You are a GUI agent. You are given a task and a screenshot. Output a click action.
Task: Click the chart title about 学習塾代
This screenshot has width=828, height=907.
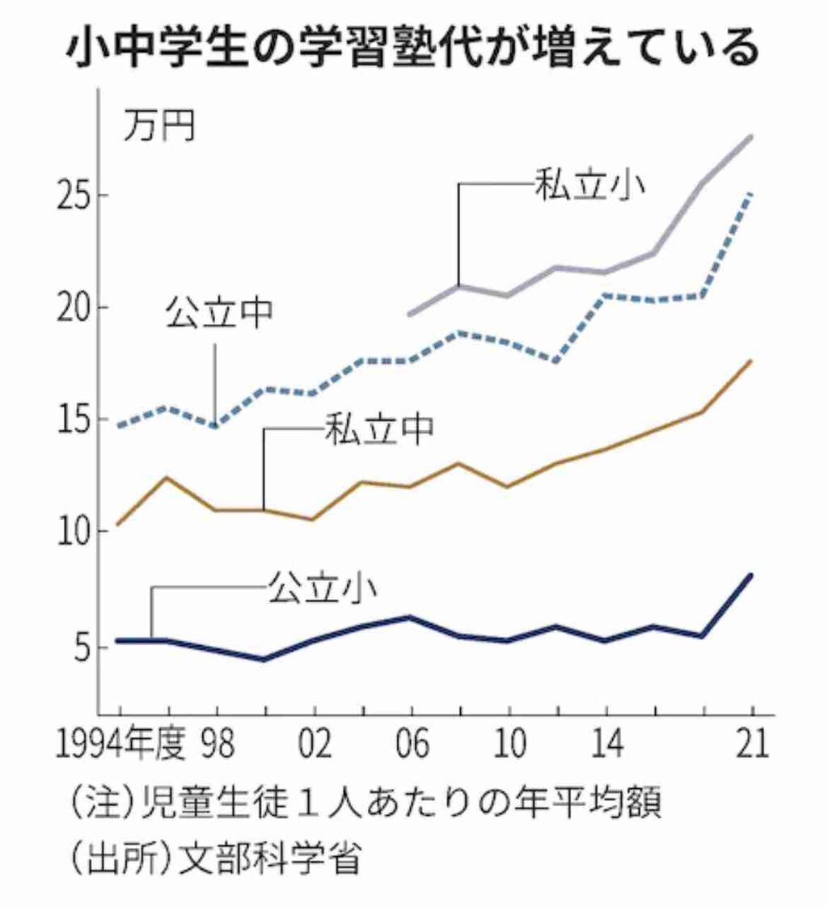[x=412, y=47]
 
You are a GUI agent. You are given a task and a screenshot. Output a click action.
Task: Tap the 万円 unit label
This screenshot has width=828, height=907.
[x=159, y=127]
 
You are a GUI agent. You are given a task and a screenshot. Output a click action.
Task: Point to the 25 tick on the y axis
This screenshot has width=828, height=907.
[x=78, y=197]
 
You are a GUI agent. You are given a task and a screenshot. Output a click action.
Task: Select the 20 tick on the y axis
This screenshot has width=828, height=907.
[x=78, y=309]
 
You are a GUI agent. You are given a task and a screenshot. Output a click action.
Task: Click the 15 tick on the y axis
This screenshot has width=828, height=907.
[x=78, y=420]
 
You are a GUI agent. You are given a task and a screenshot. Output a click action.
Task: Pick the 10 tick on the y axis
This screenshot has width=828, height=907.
[x=78, y=533]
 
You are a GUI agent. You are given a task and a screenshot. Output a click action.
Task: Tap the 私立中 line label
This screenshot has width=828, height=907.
[x=379, y=429]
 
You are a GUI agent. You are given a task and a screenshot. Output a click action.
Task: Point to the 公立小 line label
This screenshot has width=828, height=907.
[x=321, y=589]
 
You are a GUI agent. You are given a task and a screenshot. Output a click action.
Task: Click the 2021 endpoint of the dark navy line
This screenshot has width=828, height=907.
[x=751, y=576]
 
